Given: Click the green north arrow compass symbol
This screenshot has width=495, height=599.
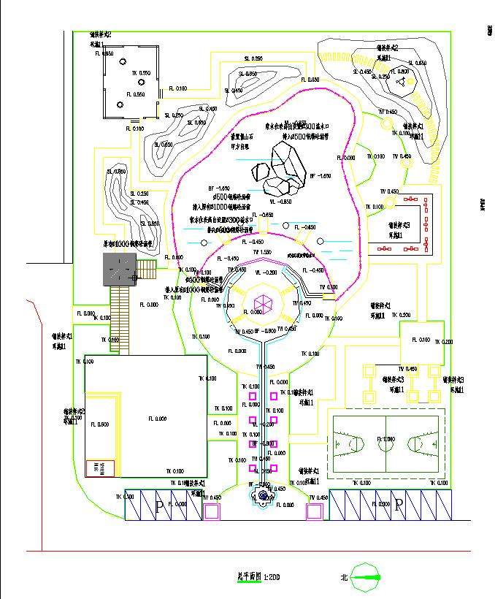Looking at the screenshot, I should point(365,578).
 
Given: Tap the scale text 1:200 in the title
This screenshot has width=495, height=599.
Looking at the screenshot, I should point(269,577).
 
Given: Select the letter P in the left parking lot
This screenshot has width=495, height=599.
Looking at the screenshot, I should point(159,507).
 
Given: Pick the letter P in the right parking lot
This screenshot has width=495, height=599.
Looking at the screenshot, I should point(399,506).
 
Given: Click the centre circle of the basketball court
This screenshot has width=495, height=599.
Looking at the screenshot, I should point(386,441).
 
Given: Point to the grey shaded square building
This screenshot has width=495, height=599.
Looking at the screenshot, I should point(120,270).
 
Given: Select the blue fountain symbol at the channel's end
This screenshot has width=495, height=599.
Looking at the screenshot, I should point(261,497).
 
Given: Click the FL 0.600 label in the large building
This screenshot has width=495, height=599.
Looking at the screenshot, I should point(99,424).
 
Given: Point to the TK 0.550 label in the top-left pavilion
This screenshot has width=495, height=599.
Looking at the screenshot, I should point(141,73).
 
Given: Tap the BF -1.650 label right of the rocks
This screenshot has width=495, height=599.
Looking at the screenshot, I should point(321,176).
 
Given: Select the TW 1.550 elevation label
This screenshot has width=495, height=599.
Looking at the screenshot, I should point(262,251).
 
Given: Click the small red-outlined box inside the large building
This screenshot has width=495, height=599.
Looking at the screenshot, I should point(101,468).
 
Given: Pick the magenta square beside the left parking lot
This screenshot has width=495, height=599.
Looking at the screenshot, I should point(211,511).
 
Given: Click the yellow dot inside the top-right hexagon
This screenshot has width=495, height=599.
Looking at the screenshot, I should point(400,82).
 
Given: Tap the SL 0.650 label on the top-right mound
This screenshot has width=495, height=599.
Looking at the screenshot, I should point(417,63).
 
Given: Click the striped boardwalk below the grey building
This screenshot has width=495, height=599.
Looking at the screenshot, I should point(120,310).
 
